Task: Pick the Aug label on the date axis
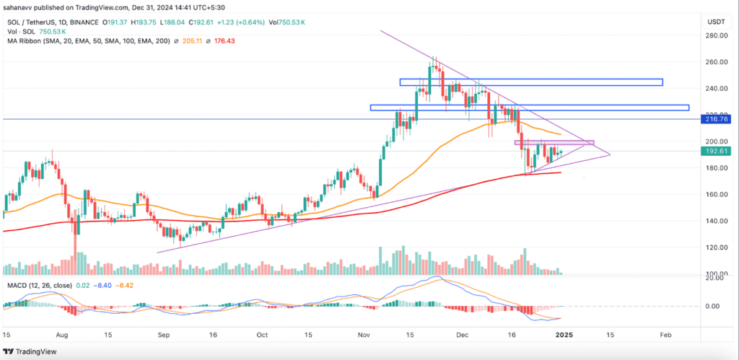61,335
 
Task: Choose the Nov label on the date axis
364,335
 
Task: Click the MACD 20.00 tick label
715,277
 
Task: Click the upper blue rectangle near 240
530,82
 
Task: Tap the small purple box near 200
554,142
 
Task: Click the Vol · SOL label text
21,31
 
